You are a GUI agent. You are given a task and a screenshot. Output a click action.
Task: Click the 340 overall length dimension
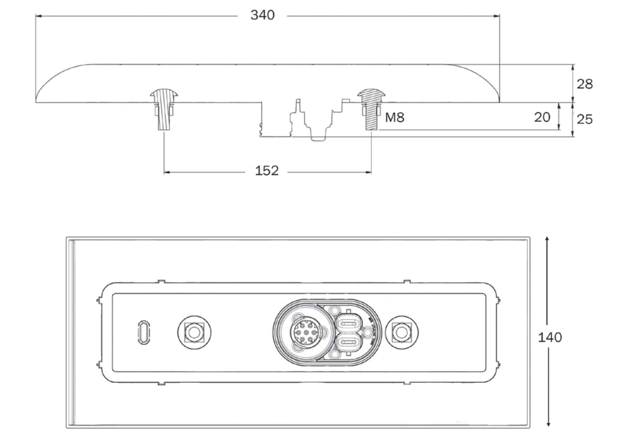pyautogui.click(x=262, y=15)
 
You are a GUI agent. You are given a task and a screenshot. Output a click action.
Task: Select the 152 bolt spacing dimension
pyautogui.click(x=267, y=171)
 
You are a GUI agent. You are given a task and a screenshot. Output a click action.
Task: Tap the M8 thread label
pyautogui.click(x=394, y=118)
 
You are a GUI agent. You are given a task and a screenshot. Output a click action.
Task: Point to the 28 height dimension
pyautogui.click(x=584, y=84)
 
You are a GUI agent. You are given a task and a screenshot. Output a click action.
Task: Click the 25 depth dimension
pyautogui.click(x=584, y=119)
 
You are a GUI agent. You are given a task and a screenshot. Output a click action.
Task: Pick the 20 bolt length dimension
pyautogui.click(x=542, y=117)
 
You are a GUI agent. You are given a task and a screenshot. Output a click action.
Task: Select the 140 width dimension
pyautogui.click(x=550, y=338)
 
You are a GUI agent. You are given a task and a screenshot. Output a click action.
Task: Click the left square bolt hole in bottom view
pyautogui.click(x=194, y=332)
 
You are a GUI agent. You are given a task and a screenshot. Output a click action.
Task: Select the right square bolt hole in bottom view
pyautogui.click(x=401, y=332)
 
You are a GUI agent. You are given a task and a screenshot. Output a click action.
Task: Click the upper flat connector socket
pyautogui.click(x=349, y=324)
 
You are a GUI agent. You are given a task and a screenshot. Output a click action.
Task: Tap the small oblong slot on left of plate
pyautogui.click(x=143, y=333)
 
